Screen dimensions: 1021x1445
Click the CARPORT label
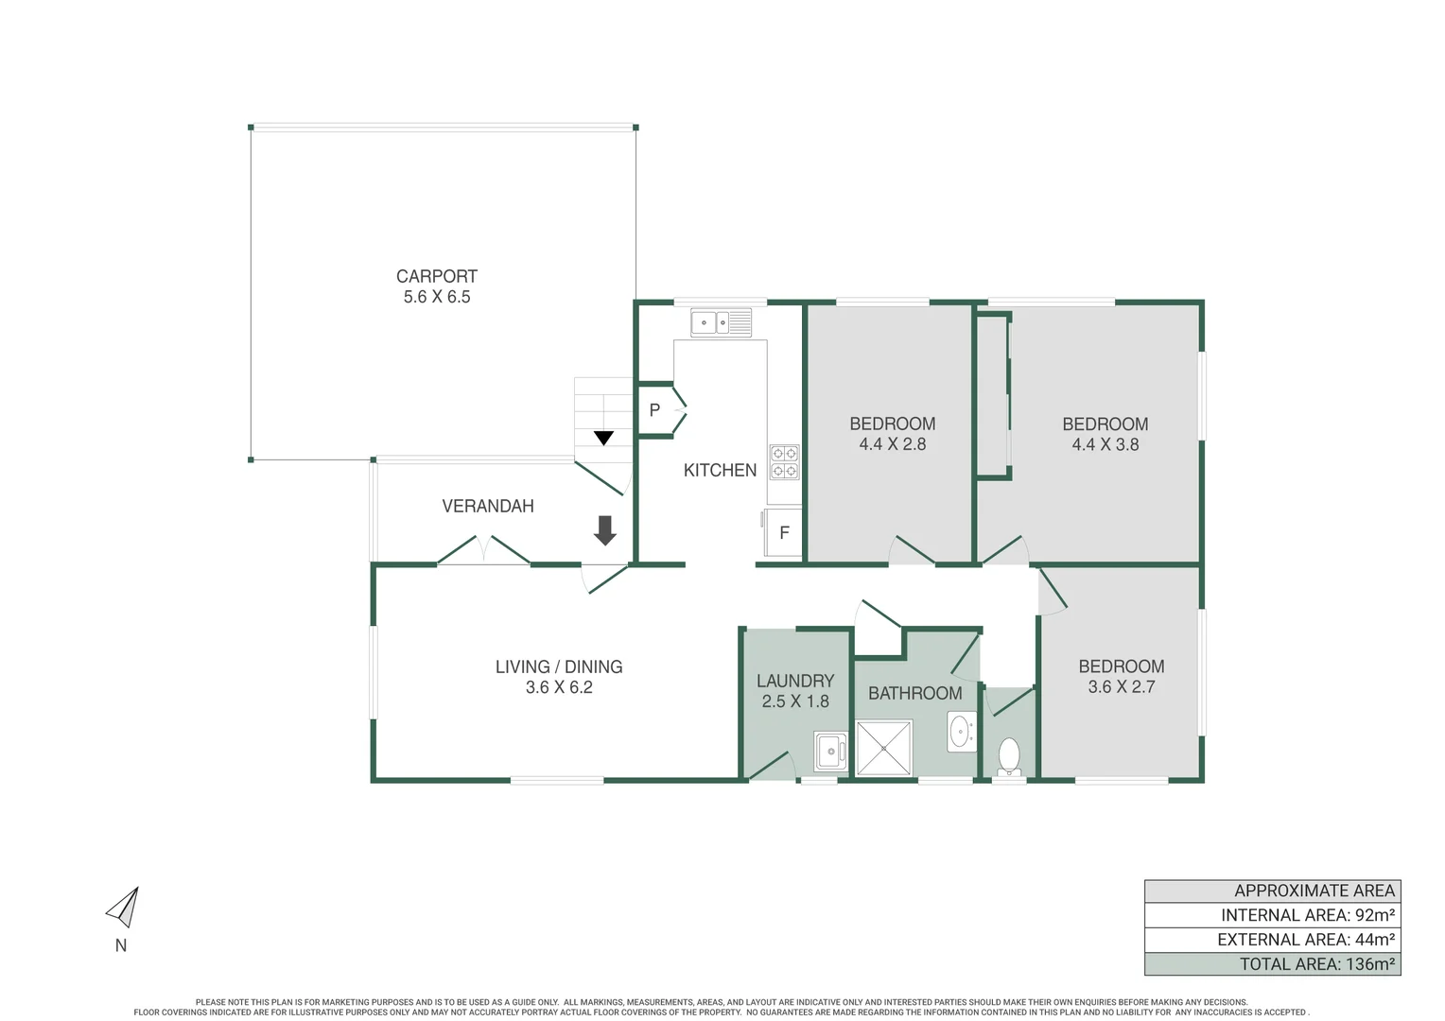436,276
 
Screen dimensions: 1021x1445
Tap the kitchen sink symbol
721,322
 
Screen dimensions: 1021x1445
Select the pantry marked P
655,410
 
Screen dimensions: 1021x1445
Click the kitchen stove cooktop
784,461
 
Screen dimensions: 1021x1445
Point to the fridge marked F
784,533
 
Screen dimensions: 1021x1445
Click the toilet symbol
1009,755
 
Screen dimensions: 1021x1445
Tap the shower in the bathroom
884,748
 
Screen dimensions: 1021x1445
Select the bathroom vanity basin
961,732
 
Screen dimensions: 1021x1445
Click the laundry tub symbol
830,751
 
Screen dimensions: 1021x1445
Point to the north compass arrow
124,908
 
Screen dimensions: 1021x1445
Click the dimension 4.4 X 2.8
892,444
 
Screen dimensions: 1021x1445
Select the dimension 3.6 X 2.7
1121,687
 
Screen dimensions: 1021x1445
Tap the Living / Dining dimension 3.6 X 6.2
559,687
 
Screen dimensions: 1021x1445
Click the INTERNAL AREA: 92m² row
1272,915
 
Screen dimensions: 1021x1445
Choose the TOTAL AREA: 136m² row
1272,964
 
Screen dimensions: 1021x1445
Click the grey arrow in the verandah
604,530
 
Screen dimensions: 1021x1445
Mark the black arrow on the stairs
603,438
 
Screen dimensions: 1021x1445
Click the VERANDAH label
488,506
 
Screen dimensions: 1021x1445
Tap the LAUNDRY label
795,681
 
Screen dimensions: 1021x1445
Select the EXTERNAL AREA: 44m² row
1272,940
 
